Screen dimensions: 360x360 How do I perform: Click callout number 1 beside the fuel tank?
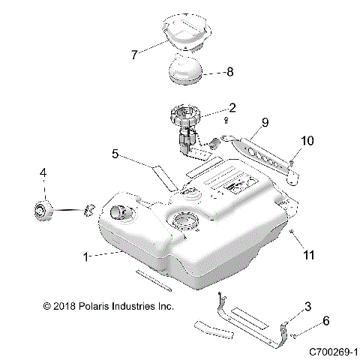tap(87, 256)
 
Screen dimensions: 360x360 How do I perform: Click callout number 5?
tap(115, 154)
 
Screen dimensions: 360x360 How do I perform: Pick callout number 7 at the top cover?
tap(134, 54)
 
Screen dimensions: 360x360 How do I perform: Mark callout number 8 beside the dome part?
tap(229, 72)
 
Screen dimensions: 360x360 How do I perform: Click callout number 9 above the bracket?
tap(264, 121)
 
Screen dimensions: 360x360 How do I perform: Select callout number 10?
tap(309, 141)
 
